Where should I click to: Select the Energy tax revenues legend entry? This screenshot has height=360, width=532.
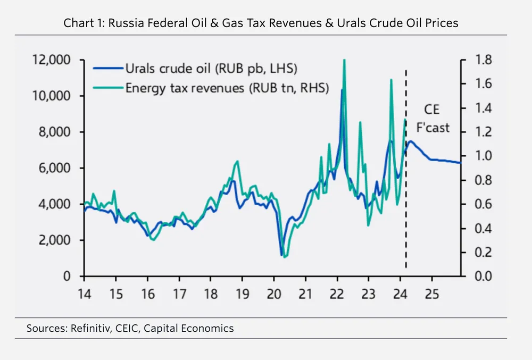click(218, 87)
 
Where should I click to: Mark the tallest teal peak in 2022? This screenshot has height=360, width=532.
click(344, 60)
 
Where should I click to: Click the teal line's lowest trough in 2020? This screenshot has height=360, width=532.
click(285, 257)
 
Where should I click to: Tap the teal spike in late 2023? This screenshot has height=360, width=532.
click(391, 80)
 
